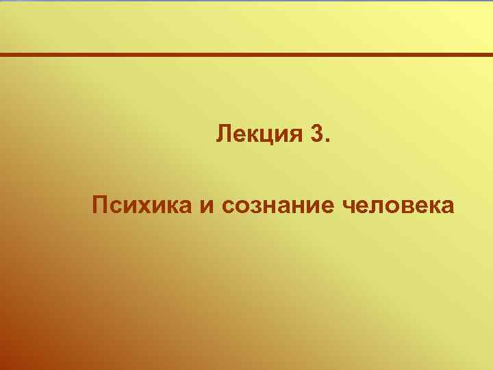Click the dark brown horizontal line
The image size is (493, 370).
(246, 54)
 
